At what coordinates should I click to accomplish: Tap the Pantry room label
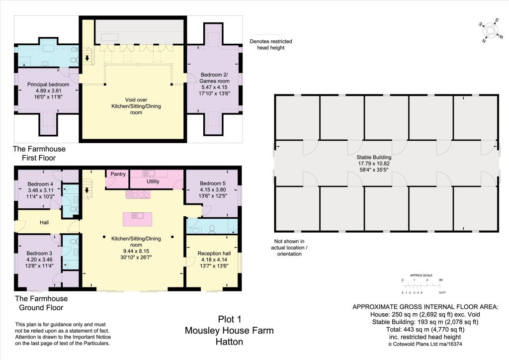[118, 175]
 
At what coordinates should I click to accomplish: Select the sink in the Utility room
[149, 173]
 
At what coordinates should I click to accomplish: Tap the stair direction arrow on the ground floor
[88, 189]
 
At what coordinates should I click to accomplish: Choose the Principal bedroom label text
[48, 85]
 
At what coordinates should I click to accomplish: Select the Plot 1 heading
[229, 319]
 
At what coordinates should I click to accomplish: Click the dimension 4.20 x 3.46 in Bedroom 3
[39, 259]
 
